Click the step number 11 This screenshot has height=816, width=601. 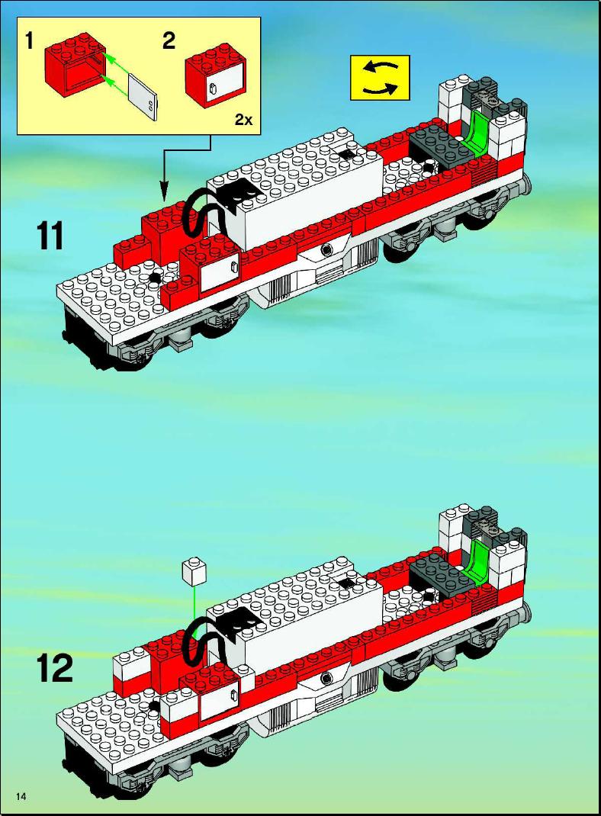(50, 236)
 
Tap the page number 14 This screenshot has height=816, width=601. (21, 796)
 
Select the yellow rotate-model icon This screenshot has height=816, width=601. (380, 78)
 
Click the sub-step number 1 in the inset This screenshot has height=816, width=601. (30, 40)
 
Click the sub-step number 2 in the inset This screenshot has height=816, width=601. (169, 40)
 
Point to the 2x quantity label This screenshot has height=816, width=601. (243, 120)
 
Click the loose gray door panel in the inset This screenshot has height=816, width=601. (142, 98)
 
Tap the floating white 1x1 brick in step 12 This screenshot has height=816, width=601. (194, 573)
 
